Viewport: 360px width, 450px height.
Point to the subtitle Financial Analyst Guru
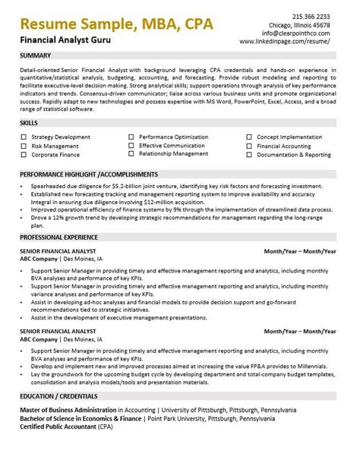tap(62, 36)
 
